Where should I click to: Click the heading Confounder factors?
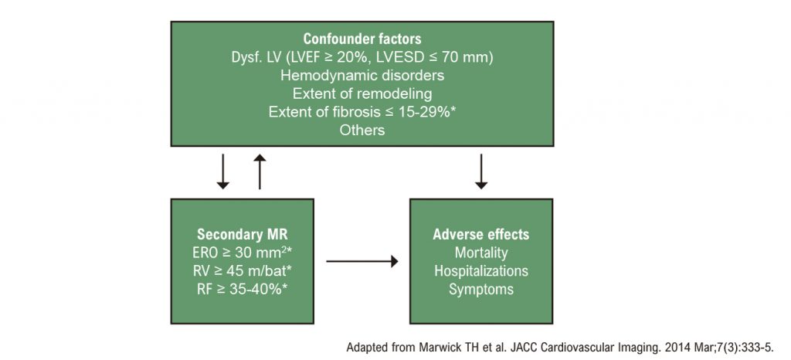click(x=362, y=39)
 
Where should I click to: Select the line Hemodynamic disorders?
click(x=362, y=76)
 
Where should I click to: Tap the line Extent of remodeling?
click(x=362, y=93)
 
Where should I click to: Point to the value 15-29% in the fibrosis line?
click(x=426, y=112)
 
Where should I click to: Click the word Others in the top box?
click(x=362, y=130)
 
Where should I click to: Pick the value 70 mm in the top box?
click(x=464, y=57)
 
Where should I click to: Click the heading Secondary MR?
click(x=242, y=234)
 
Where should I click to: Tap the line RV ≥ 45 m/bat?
click(x=242, y=270)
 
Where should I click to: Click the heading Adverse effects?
click(x=481, y=234)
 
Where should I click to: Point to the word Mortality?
click(x=481, y=253)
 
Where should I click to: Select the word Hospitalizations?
click(x=481, y=270)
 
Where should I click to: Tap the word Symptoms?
click(x=481, y=290)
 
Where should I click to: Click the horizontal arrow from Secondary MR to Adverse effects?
click(x=362, y=261)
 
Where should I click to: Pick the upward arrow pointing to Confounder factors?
click(x=260, y=172)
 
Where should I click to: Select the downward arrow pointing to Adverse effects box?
click(x=481, y=172)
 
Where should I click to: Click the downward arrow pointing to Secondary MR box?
click(x=222, y=172)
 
